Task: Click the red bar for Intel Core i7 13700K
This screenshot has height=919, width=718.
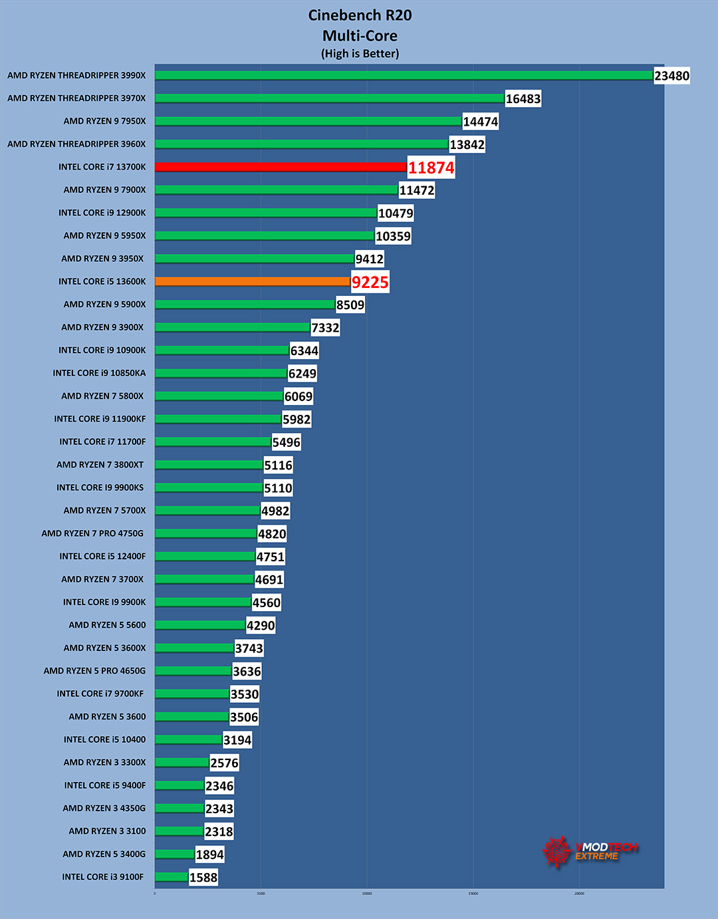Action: click(281, 167)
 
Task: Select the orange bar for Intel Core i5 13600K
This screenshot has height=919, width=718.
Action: click(253, 281)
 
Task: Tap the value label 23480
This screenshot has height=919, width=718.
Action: click(671, 76)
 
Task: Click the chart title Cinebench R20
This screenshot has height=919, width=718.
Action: click(360, 15)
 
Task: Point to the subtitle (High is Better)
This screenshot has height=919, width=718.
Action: click(360, 54)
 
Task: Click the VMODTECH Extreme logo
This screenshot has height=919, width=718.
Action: click(589, 851)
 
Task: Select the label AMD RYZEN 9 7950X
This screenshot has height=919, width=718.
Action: click(104, 121)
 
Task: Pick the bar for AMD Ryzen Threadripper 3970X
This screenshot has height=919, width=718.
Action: click(329, 98)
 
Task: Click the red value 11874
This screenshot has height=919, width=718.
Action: click(431, 168)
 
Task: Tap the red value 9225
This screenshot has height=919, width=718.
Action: click(370, 282)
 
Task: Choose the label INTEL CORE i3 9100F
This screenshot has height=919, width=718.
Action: click(102, 877)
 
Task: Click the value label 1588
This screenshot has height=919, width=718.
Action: click(203, 878)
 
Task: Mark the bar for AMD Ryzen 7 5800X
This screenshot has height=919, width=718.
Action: click(219, 396)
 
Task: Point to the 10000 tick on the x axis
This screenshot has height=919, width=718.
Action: click(367, 894)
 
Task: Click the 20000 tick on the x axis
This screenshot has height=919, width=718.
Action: click(579, 894)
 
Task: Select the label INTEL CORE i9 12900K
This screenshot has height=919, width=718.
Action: click(102, 213)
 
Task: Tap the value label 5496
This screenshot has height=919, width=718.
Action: click(286, 442)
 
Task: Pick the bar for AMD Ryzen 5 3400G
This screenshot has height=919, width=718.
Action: click(175, 854)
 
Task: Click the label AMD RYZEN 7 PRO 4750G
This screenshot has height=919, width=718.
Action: click(92, 533)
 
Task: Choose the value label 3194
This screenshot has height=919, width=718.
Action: click(237, 740)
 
